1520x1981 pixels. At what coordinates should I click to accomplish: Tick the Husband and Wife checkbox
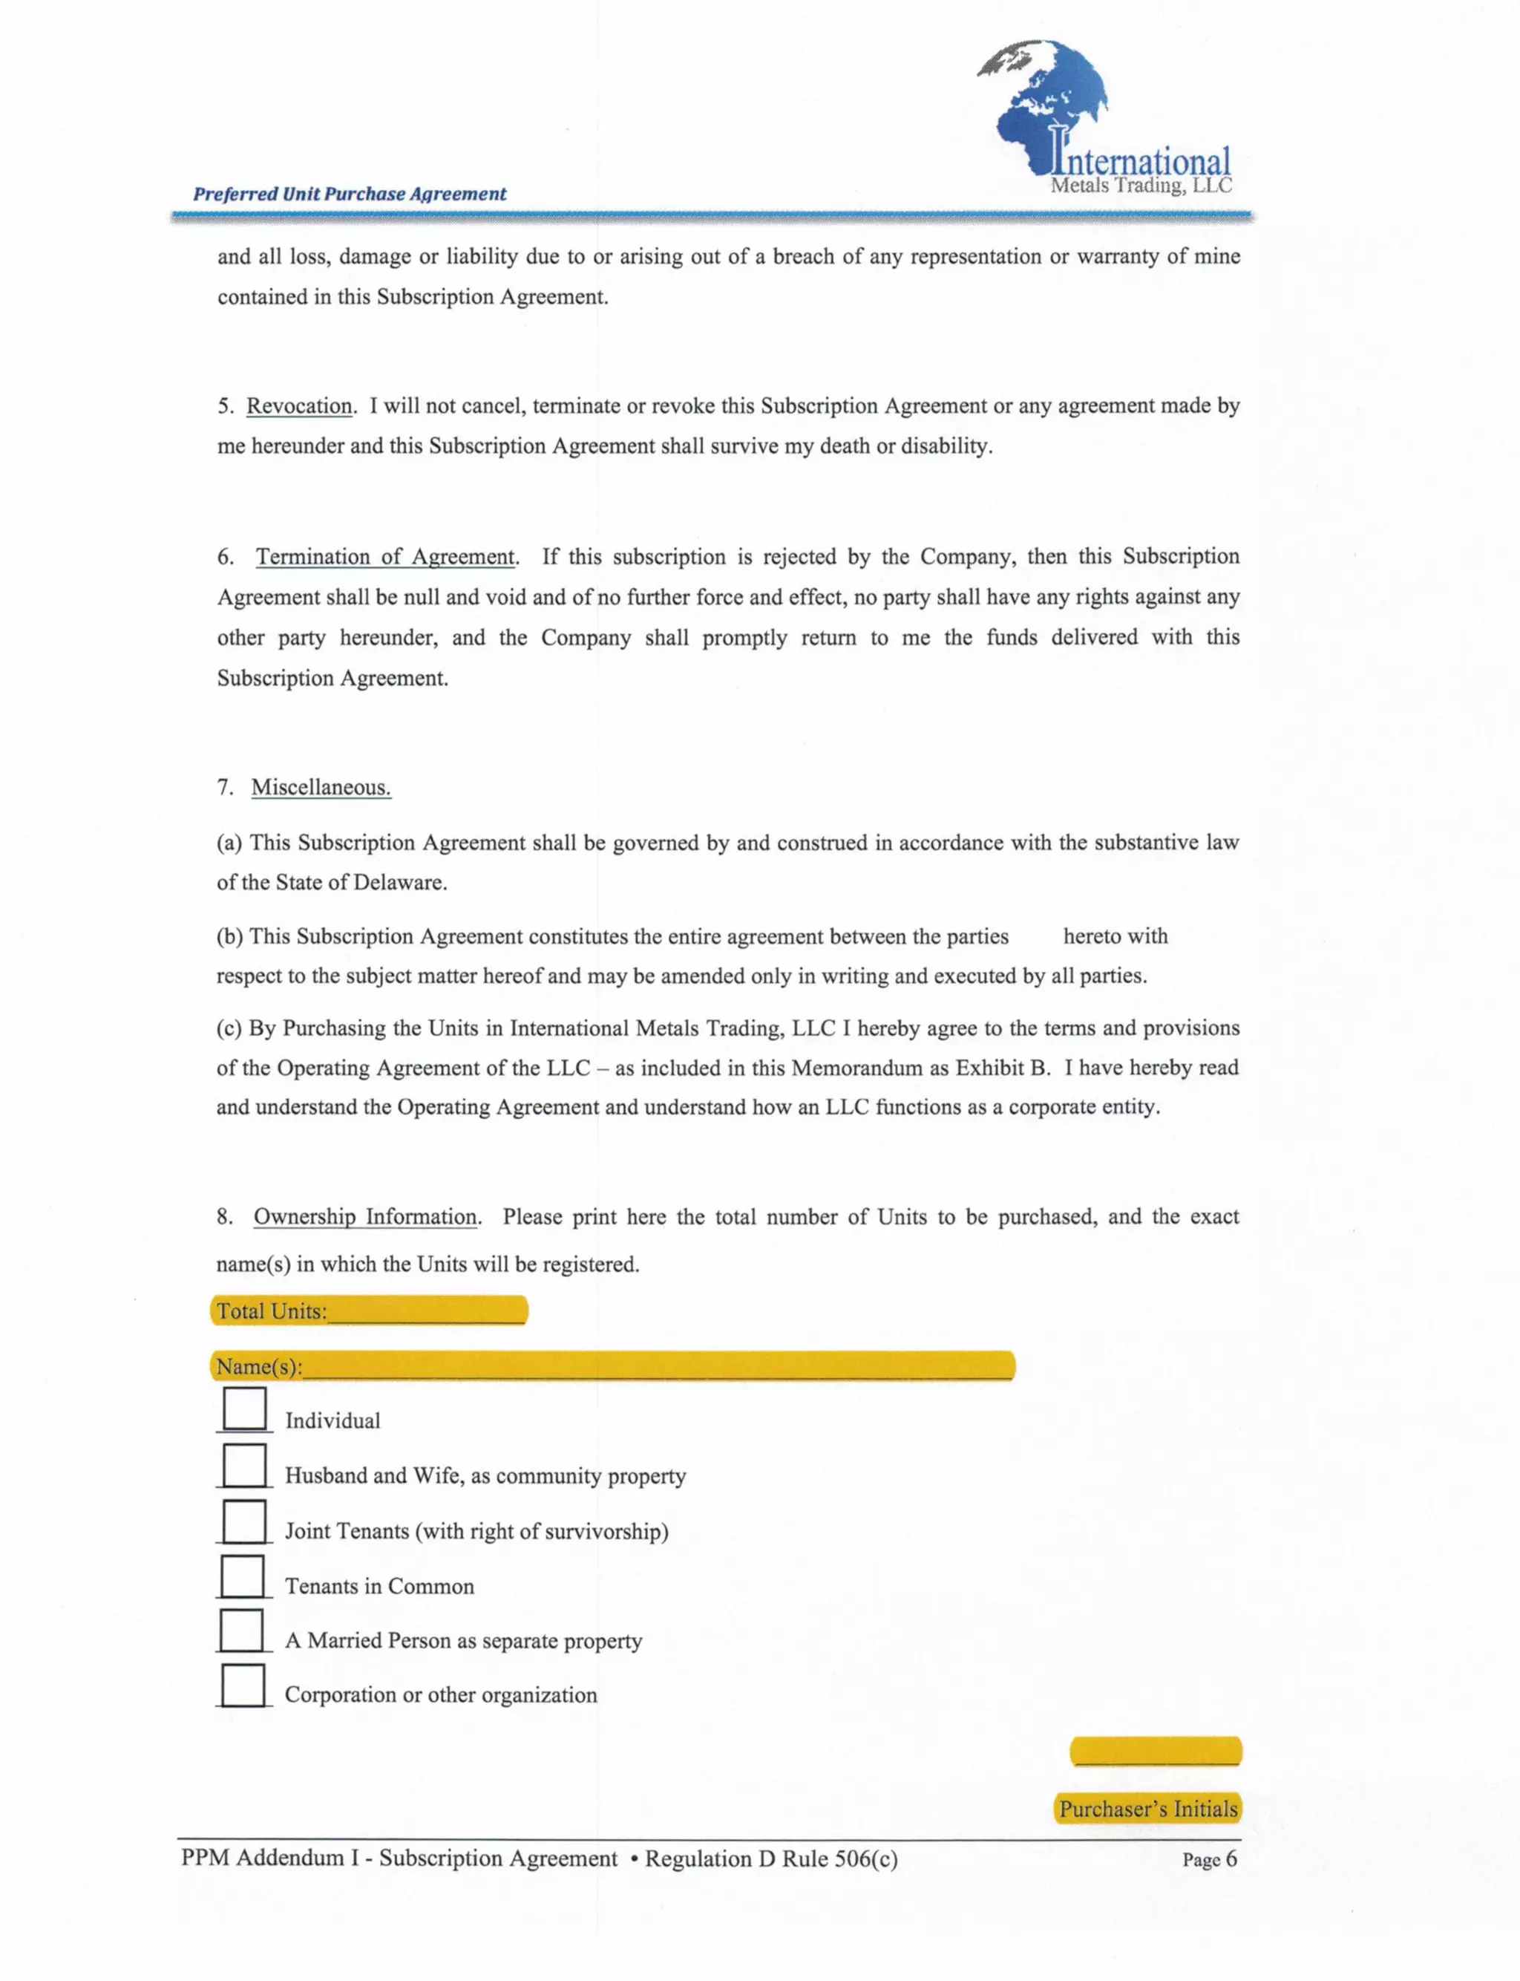coord(244,1464)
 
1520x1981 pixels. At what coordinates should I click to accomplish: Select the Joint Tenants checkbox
coord(244,1521)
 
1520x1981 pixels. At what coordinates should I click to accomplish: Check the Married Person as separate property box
coord(241,1630)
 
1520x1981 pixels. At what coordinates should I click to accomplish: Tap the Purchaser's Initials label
coord(1147,1808)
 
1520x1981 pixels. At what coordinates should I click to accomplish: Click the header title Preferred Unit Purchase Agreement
coord(350,194)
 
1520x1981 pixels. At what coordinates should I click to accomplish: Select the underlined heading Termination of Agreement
coord(385,557)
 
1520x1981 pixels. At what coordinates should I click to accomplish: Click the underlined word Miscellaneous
coord(321,787)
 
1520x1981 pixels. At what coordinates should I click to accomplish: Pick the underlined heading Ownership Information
coord(364,1216)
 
